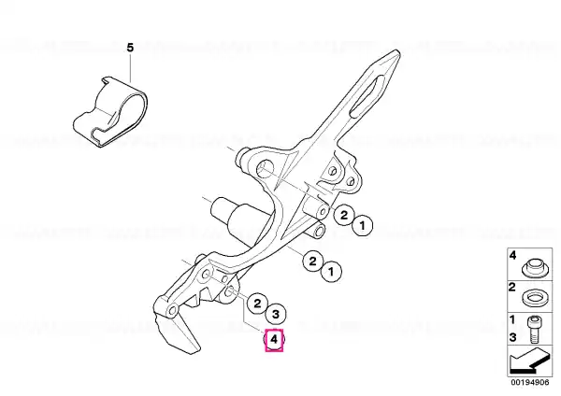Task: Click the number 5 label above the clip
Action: click(130, 48)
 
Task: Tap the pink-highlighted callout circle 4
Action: click(274, 339)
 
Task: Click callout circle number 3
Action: click(276, 314)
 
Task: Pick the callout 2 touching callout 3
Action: click(257, 304)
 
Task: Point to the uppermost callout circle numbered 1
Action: click(362, 226)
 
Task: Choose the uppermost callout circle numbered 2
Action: click(344, 215)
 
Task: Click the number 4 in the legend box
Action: click(512, 255)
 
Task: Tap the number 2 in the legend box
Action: click(512, 287)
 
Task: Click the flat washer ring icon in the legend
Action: click(535, 299)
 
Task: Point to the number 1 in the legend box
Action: click(512, 319)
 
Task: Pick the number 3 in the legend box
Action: click(512, 337)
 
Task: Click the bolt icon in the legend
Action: click(534, 329)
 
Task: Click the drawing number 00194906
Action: click(530, 382)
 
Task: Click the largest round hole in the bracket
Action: click(266, 169)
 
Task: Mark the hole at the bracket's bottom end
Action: click(172, 310)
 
